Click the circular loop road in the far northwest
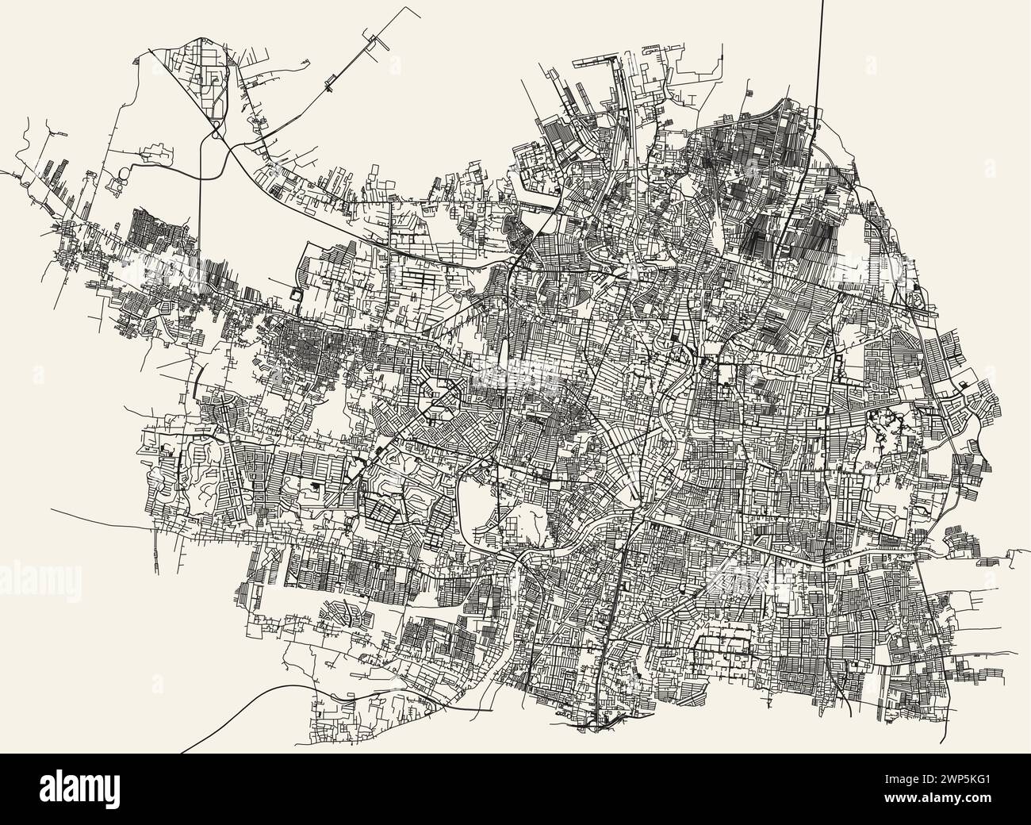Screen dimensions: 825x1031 (125, 172)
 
